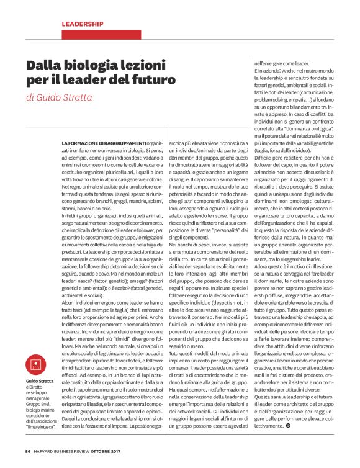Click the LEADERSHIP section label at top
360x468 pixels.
(x=83, y=24)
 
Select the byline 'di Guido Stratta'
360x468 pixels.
(x=60, y=97)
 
